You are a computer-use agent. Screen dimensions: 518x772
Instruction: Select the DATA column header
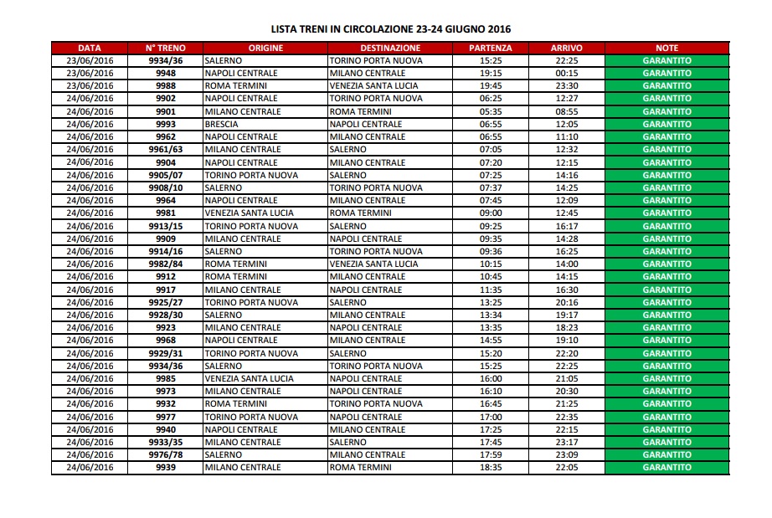coord(90,48)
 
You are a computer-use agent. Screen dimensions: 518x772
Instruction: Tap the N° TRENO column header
coord(166,48)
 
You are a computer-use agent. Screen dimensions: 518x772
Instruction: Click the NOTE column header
coord(667,48)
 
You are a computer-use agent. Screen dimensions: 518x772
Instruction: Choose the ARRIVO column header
coord(567,48)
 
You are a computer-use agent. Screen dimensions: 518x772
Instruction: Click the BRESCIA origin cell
coord(221,124)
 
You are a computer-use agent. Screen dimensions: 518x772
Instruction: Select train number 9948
coord(166,73)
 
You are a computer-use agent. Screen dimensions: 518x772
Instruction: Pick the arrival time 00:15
coord(567,73)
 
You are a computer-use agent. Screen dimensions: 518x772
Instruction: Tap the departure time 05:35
coord(492,111)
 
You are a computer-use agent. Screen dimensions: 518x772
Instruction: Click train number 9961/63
coord(166,149)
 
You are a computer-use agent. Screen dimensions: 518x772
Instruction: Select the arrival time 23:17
coord(567,442)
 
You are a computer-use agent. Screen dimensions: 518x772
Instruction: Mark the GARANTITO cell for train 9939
coord(667,467)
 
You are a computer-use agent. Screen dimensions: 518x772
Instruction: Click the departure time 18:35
coord(492,467)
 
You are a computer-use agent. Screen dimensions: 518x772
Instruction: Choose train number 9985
coord(166,378)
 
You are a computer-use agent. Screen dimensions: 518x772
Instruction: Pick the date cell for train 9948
coord(90,73)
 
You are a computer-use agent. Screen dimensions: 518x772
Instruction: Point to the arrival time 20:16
coord(567,302)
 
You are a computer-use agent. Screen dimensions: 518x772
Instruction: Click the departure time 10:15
coord(492,264)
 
